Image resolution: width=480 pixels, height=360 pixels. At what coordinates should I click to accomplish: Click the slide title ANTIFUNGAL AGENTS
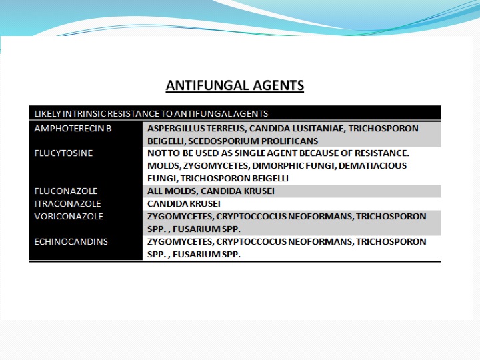[x=235, y=85]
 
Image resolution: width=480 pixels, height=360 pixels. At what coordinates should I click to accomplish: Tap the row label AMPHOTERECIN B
[x=73, y=129]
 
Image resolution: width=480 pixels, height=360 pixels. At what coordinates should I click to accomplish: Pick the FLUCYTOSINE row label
[x=63, y=153]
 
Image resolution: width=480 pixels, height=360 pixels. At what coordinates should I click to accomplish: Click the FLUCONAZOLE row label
[x=66, y=191]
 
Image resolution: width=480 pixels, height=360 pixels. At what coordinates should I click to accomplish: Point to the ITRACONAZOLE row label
[x=67, y=203]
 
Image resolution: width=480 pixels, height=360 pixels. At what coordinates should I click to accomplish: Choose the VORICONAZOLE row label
[x=69, y=217]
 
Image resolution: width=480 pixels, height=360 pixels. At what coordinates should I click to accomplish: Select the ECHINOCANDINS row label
[x=71, y=241]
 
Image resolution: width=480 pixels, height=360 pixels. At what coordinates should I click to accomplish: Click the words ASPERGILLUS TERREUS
[x=197, y=129]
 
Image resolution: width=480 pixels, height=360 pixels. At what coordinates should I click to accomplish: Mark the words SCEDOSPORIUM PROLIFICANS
[x=253, y=141]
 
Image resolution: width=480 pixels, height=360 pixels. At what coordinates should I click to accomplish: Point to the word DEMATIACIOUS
[x=373, y=165]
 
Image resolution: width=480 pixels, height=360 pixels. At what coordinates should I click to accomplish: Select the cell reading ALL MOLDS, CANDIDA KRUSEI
[x=211, y=191]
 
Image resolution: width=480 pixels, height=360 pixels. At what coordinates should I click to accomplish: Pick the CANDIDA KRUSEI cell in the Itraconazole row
[x=184, y=203]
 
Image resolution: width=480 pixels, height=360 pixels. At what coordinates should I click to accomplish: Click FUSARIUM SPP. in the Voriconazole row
[x=207, y=229]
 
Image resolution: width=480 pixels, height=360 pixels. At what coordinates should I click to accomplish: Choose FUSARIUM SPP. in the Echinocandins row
[x=207, y=254]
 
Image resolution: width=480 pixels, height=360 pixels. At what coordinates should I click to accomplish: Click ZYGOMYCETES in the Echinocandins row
[x=180, y=242]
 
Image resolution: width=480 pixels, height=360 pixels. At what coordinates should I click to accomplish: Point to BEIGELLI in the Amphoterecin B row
[x=166, y=141]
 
